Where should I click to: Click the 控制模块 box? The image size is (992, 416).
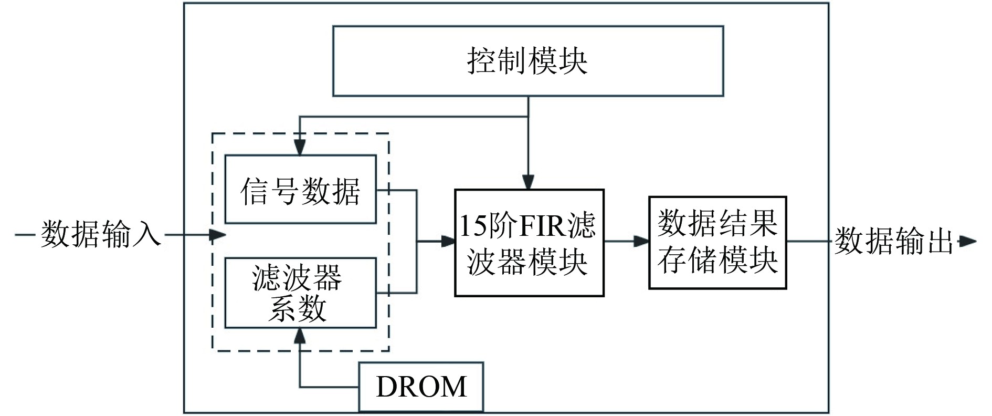[x=528, y=61]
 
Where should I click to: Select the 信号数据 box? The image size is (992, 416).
[x=300, y=190]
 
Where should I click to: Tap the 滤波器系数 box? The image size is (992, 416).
[x=300, y=293]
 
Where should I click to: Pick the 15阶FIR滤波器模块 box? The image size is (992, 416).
[x=529, y=243]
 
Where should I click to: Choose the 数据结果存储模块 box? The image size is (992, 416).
[x=717, y=243]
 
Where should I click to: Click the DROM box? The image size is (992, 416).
[x=421, y=387]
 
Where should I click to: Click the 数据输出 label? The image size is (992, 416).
[x=893, y=242]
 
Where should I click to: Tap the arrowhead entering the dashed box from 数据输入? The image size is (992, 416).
[x=218, y=235]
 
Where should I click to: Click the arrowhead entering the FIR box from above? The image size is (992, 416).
[x=529, y=182]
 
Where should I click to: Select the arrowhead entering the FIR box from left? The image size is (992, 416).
[x=448, y=242]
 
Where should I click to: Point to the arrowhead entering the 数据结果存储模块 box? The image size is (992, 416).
[x=641, y=242]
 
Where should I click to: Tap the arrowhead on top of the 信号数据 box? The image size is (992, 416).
[x=300, y=148]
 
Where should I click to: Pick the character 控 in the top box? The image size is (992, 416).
[x=482, y=61]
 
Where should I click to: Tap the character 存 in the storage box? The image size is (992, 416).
[x=672, y=259]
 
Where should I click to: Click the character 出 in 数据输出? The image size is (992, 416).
[x=940, y=242]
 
